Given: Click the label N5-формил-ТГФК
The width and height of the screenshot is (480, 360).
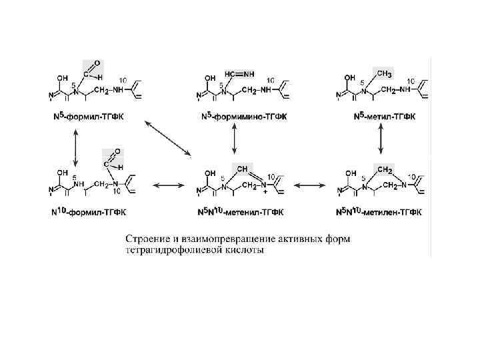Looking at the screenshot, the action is click(91, 117).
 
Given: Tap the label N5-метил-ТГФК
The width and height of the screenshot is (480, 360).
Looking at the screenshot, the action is click(385, 117).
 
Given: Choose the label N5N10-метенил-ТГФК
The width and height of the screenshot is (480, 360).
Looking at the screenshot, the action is click(241, 212).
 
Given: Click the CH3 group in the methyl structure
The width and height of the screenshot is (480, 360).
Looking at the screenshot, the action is click(384, 72).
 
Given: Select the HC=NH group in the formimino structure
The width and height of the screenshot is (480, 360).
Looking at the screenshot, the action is click(238, 73).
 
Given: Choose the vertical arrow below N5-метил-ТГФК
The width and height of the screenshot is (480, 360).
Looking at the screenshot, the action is click(381, 141).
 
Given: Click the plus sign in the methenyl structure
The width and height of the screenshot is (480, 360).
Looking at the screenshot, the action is click(266, 191).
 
